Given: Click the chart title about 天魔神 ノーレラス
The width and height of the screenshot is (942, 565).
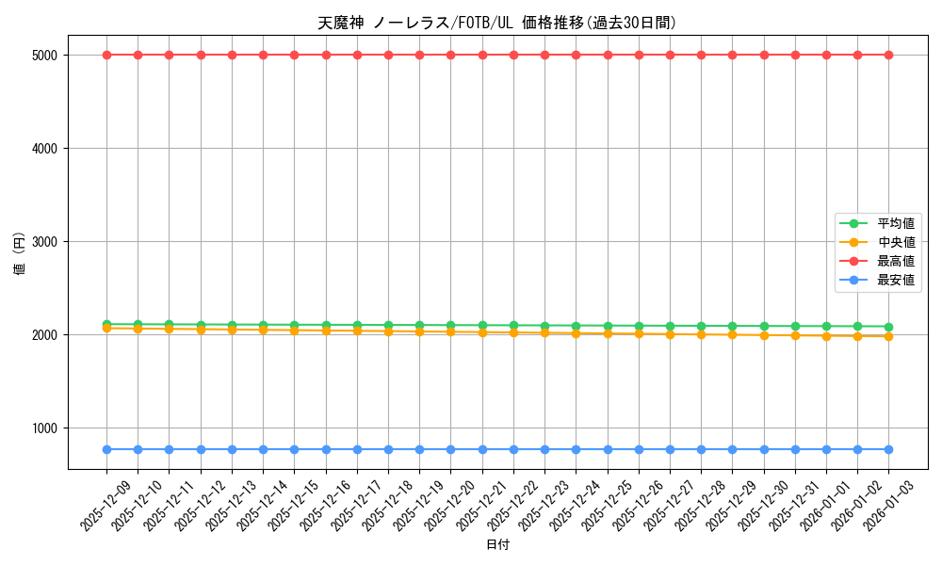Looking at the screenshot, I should click(497, 23).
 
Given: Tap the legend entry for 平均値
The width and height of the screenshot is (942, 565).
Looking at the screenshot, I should click(896, 223).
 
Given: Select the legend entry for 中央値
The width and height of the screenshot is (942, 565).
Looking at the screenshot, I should click(896, 242).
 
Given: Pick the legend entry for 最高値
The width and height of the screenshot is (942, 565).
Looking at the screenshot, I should click(896, 261).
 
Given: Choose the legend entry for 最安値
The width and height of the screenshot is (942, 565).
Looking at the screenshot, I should click(896, 280).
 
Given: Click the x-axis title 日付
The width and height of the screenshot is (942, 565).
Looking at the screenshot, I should click(497, 545).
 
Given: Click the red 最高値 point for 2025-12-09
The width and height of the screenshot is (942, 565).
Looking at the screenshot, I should click(106, 55).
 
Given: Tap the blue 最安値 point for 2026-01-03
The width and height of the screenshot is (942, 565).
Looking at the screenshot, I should click(888, 449).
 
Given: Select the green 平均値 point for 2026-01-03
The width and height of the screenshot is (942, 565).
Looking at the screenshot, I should click(888, 327).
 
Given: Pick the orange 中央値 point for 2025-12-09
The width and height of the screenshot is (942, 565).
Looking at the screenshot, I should click(106, 329).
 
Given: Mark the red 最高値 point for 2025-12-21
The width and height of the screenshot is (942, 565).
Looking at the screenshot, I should click(482, 55).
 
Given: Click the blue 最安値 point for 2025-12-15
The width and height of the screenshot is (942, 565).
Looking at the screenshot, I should click(294, 449).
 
